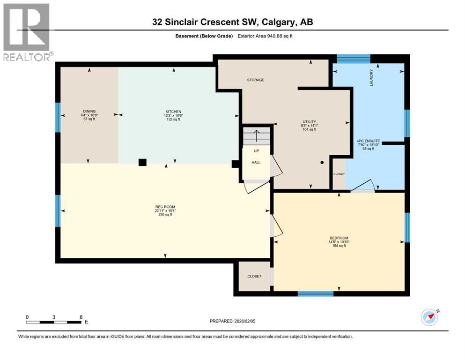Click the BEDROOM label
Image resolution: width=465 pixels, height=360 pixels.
339,238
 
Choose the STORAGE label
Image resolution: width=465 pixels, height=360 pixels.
256,80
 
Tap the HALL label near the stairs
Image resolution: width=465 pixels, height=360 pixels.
256,162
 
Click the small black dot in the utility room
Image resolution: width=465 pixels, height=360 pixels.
322,163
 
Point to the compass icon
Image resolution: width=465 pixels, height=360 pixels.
429,317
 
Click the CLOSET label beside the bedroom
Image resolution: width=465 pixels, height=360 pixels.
254,276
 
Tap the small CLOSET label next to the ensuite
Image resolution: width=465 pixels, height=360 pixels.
339,174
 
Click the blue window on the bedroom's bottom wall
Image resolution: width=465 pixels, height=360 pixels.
316,294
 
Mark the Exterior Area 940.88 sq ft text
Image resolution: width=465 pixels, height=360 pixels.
268,36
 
